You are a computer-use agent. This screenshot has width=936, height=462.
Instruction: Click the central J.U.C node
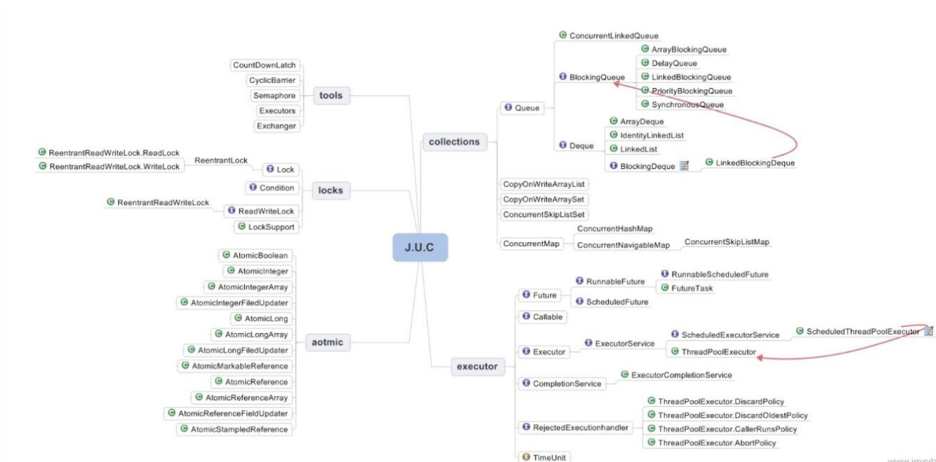(420, 247)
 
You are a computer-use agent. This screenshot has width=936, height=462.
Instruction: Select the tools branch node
(331, 95)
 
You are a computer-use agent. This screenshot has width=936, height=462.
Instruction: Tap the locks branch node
(331, 191)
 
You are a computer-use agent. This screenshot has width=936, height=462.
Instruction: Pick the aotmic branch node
(328, 342)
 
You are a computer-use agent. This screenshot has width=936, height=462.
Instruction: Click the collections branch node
(454, 142)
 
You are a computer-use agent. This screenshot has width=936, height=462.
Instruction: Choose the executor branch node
(476, 367)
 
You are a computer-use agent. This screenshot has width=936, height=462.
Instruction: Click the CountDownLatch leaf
(264, 65)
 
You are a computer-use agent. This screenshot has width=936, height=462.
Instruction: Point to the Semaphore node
(274, 95)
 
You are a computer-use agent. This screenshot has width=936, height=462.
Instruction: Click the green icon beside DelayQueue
(645, 63)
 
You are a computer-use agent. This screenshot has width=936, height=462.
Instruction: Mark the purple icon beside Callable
(526, 316)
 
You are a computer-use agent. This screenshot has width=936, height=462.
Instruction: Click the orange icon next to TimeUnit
(526, 457)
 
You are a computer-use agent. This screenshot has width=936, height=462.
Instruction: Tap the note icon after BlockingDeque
(683, 165)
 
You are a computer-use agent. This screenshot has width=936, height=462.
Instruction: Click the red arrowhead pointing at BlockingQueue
(615, 83)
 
